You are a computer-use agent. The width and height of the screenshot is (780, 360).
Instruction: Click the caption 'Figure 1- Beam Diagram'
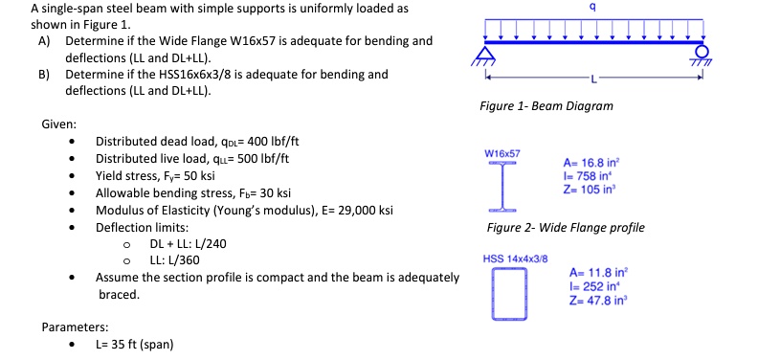click(546, 105)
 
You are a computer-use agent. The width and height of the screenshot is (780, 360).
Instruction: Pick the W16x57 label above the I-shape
click(502, 153)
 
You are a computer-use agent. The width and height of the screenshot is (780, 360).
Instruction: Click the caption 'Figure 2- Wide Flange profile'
click(566, 228)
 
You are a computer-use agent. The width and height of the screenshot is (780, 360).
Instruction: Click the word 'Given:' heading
click(59, 124)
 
